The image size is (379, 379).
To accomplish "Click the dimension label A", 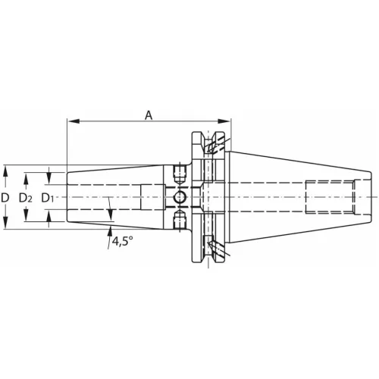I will (x=149, y=114).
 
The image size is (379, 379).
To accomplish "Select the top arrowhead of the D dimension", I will (x=6, y=168).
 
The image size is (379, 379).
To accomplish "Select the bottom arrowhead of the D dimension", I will (x=6, y=226).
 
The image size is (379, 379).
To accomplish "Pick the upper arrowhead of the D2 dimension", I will (x=28, y=177).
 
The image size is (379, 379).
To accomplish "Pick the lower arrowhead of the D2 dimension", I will (x=28, y=218).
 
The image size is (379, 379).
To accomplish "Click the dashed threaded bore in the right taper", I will (x=329, y=197).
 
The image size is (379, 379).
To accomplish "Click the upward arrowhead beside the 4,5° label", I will (x=111, y=230).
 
